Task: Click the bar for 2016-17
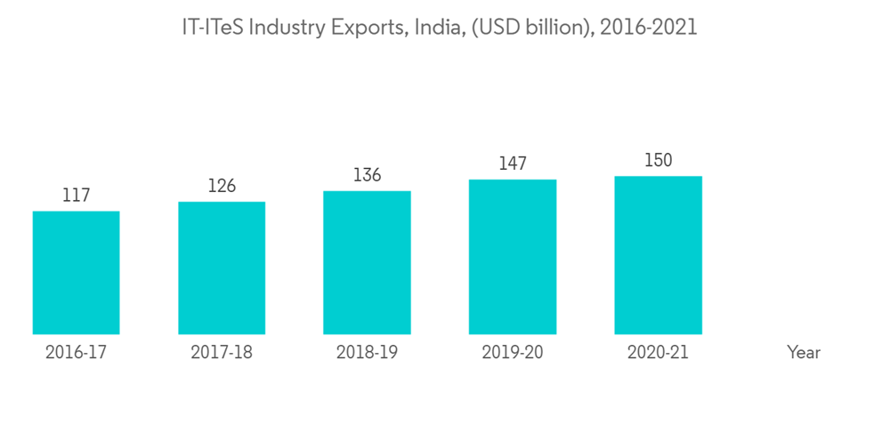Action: point(76,272)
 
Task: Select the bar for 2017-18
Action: point(222,268)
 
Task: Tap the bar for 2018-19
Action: point(367,262)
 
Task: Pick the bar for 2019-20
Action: point(513,257)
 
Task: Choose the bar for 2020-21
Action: point(658,255)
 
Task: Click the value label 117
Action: point(76,196)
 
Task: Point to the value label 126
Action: point(222,186)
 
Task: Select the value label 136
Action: point(367,175)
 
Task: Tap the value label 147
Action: point(513,164)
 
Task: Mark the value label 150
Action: point(658,161)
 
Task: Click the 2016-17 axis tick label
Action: point(76,353)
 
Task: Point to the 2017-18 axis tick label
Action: point(222,353)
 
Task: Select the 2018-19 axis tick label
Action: point(367,353)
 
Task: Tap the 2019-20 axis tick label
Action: point(513,353)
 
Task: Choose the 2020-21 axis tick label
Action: point(658,353)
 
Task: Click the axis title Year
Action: point(804,353)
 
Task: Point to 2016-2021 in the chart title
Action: point(649,28)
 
